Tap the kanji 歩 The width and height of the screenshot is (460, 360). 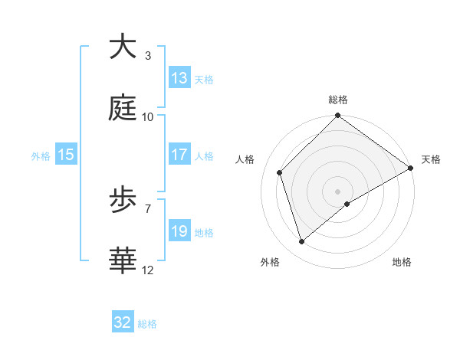(x=123, y=200)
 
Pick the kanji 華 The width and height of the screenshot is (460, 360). (x=123, y=261)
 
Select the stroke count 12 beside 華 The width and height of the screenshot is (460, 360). (x=147, y=270)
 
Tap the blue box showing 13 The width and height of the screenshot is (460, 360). (x=179, y=78)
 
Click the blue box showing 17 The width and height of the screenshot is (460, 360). (x=179, y=155)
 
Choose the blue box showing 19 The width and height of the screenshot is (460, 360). (x=179, y=231)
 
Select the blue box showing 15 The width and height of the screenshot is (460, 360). (x=66, y=155)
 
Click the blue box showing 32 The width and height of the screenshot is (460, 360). (x=123, y=322)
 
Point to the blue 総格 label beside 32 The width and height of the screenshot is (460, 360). (x=147, y=324)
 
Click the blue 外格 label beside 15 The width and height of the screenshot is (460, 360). (x=41, y=155)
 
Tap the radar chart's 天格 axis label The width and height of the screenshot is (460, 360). (x=431, y=159)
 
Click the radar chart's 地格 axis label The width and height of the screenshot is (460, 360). (x=402, y=262)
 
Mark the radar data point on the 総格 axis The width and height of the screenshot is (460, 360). (x=338, y=116)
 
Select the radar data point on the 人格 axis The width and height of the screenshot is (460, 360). (x=280, y=172)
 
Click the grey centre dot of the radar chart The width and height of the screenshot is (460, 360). (x=338, y=191)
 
